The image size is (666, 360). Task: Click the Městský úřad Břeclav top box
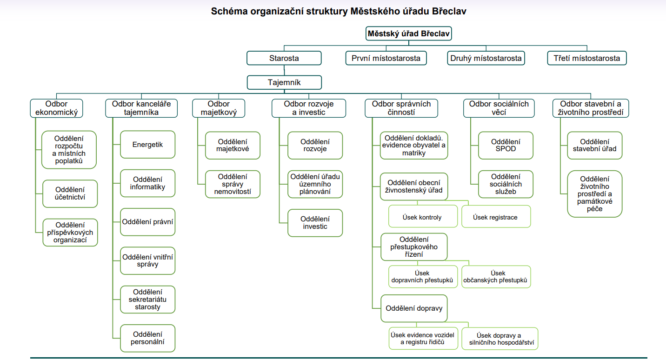pos(408,33)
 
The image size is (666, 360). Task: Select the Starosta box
pos(284,58)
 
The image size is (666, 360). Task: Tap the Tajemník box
pos(284,82)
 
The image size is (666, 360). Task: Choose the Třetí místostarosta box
pos(586,58)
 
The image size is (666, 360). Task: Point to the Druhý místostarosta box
pos(486,58)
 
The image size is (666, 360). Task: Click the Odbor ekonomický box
pos(56,108)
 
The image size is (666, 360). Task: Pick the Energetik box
pos(147,145)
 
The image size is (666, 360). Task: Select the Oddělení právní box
pos(147,222)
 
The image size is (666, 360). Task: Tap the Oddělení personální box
pos(147,338)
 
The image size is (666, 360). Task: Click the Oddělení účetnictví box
pos(70,193)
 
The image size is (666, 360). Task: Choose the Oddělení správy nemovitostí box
pos(233,184)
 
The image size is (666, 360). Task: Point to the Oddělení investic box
pos(315,223)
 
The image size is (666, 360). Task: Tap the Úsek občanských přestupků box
pos(496,277)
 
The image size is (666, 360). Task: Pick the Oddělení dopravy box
pos(414,308)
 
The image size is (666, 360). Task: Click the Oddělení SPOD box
pos(506,146)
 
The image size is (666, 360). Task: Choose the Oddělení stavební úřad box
pos(595,146)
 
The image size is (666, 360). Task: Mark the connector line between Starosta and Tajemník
pos(284,70)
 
